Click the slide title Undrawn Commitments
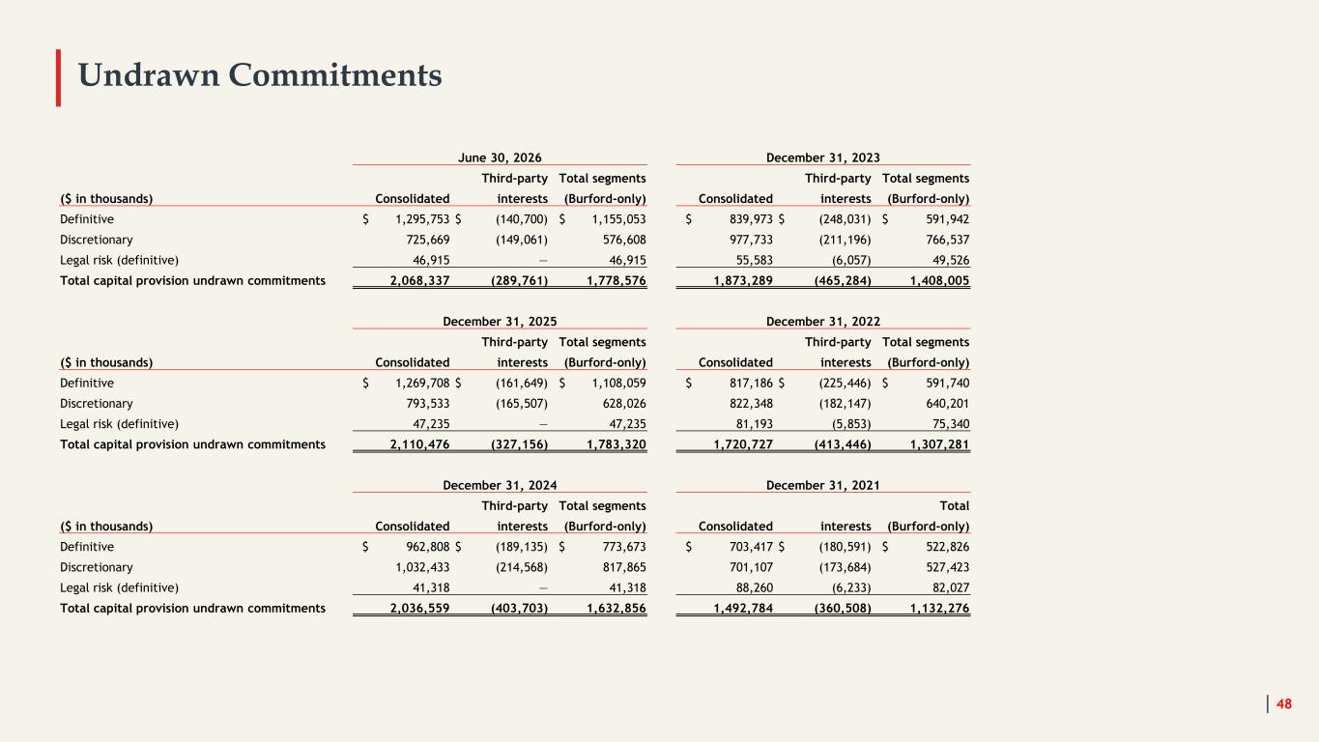(260, 75)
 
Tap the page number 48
(1283, 703)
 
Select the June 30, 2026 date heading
(500, 157)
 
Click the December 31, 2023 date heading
(822, 157)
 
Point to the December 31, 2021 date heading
(822, 485)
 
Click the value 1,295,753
(421, 219)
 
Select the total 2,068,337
(419, 281)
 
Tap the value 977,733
(751, 240)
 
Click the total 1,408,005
(939, 281)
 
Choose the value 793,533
(427, 404)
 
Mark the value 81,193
(755, 424)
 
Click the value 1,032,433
(421, 567)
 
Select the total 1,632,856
(616, 609)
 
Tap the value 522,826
(947, 547)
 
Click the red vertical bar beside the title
(58, 77)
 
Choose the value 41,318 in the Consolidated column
(431, 587)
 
